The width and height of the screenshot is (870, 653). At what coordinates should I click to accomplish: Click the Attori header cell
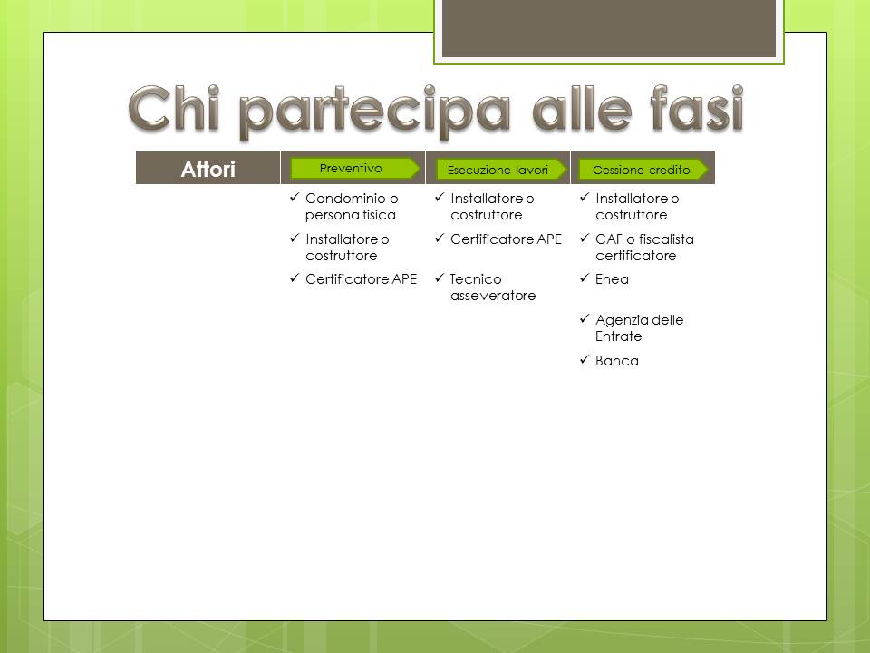[x=208, y=168]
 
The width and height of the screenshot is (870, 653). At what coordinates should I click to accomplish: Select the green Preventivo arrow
[x=355, y=169]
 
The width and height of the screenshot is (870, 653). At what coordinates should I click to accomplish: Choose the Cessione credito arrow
[x=643, y=170]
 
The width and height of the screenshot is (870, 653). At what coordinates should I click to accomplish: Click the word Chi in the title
[x=174, y=110]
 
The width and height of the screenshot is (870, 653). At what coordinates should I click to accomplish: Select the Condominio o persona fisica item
[x=352, y=207]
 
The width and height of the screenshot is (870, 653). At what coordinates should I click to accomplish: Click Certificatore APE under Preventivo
[x=361, y=278]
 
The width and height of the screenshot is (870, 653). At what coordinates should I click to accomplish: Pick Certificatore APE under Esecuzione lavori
[x=506, y=239]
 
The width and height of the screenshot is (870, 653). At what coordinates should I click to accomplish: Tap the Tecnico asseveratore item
[x=493, y=288]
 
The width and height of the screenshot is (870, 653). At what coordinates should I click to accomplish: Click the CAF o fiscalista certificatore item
[x=644, y=247]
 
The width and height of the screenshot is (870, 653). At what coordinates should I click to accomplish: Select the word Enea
[x=612, y=278]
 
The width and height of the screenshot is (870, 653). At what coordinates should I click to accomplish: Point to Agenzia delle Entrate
[x=639, y=327]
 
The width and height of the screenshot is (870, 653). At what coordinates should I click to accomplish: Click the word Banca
[x=617, y=361]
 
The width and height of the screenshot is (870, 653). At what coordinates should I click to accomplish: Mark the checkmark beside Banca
[x=585, y=359]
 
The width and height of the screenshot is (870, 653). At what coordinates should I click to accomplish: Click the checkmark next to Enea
[x=585, y=278]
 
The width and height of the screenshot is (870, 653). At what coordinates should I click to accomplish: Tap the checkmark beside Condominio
[x=295, y=197]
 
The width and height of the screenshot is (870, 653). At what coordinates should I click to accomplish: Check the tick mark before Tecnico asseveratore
[x=440, y=278]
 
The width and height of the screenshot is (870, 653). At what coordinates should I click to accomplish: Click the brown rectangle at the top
[x=609, y=28]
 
